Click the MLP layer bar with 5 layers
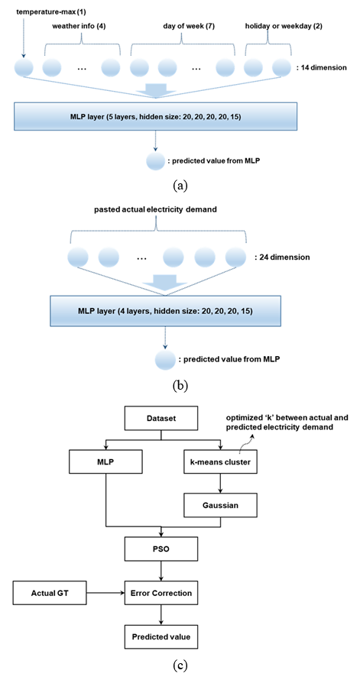click(156, 115)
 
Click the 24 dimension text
click(282, 257)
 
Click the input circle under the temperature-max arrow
click(24, 68)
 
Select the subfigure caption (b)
click(180, 384)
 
